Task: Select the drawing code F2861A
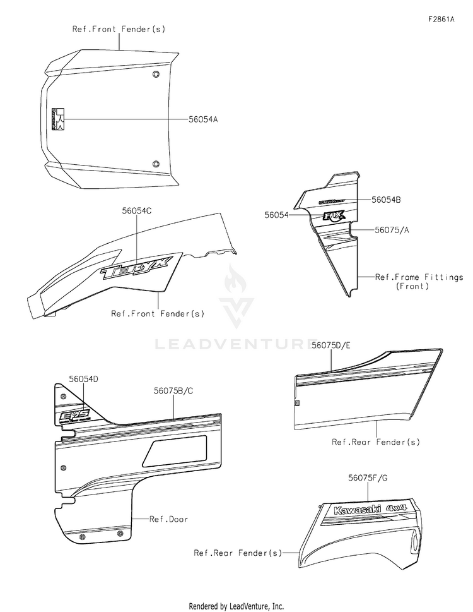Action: pyautogui.click(x=441, y=19)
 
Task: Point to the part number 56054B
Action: pyautogui.click(x=387, y=199)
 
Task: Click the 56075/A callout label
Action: pyautogui.click(x=391, y=230)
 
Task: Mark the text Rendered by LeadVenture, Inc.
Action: pyautogui.click(x=237, y=606)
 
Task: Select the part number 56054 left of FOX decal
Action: pyautogui.click(x=276, y=215)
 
